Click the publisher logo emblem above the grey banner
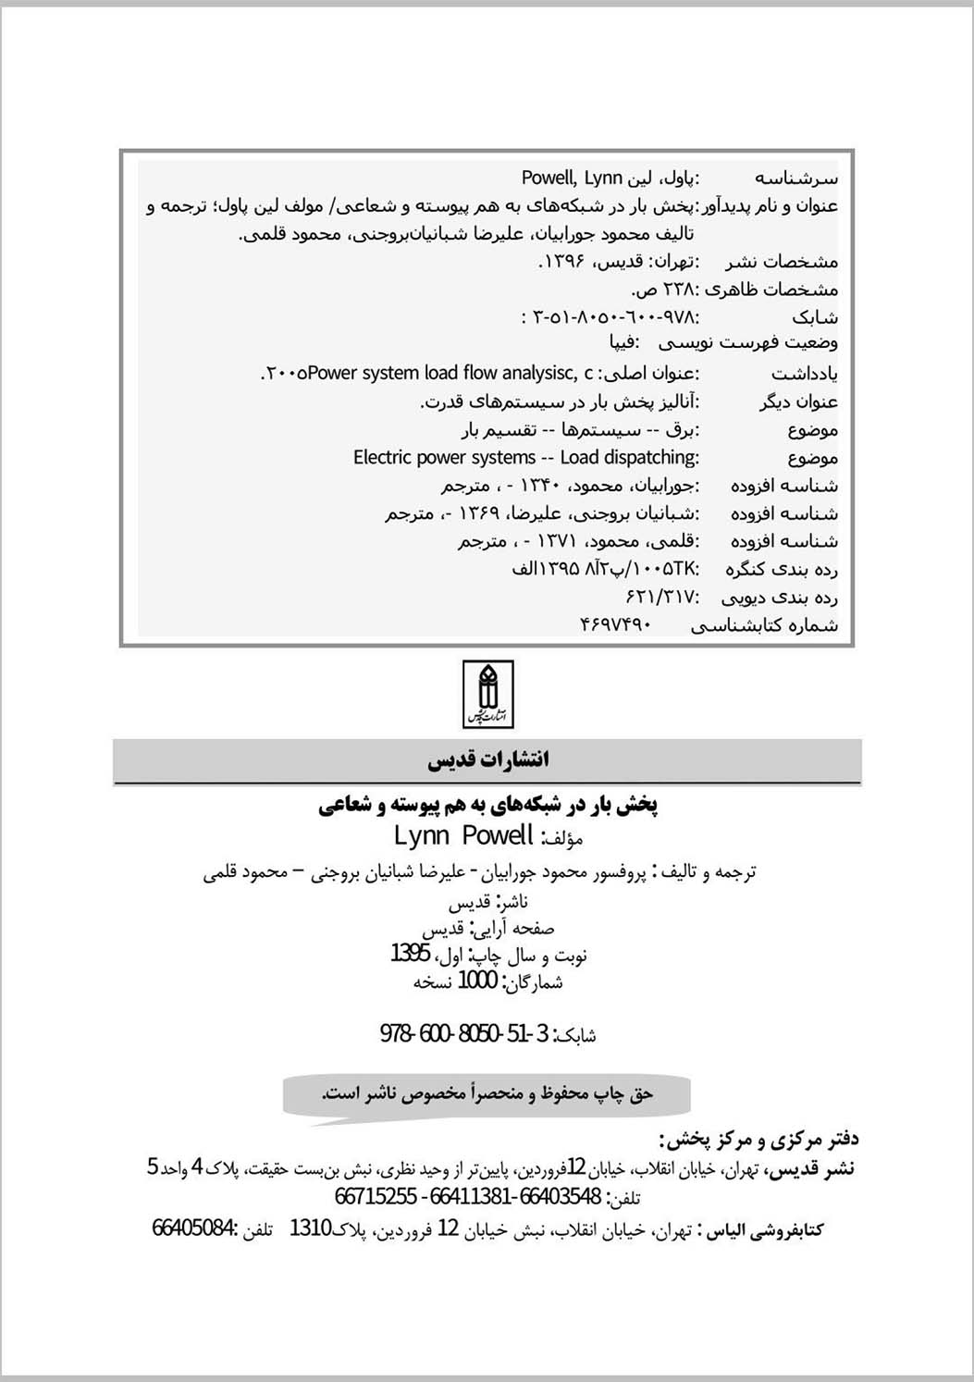[x=487, y=694]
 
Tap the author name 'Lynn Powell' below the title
[x=463, y=836]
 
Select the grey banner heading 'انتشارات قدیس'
[x=487, y=760]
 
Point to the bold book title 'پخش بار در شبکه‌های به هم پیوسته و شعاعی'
[x=487, y=805]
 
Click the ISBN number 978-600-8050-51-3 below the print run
[x=465, y=1033]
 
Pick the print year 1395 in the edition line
[x=410, y=954]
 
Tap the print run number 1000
[x=477, y=981]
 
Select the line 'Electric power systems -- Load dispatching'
[x=525, y=457]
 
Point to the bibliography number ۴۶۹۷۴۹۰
[x=615, y=624]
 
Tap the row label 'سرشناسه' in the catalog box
[x=796, y=178]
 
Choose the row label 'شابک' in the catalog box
[x=815, y=317]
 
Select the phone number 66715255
[x=375, y=1197]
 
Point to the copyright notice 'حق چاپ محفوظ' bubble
[x=487, y=1094]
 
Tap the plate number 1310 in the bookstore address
[x=310, y=1228]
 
